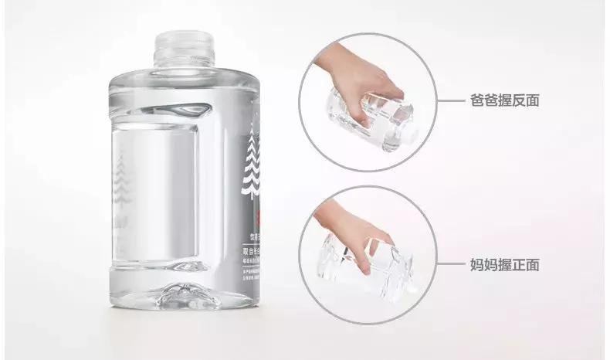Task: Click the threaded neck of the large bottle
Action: pos(182,47)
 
